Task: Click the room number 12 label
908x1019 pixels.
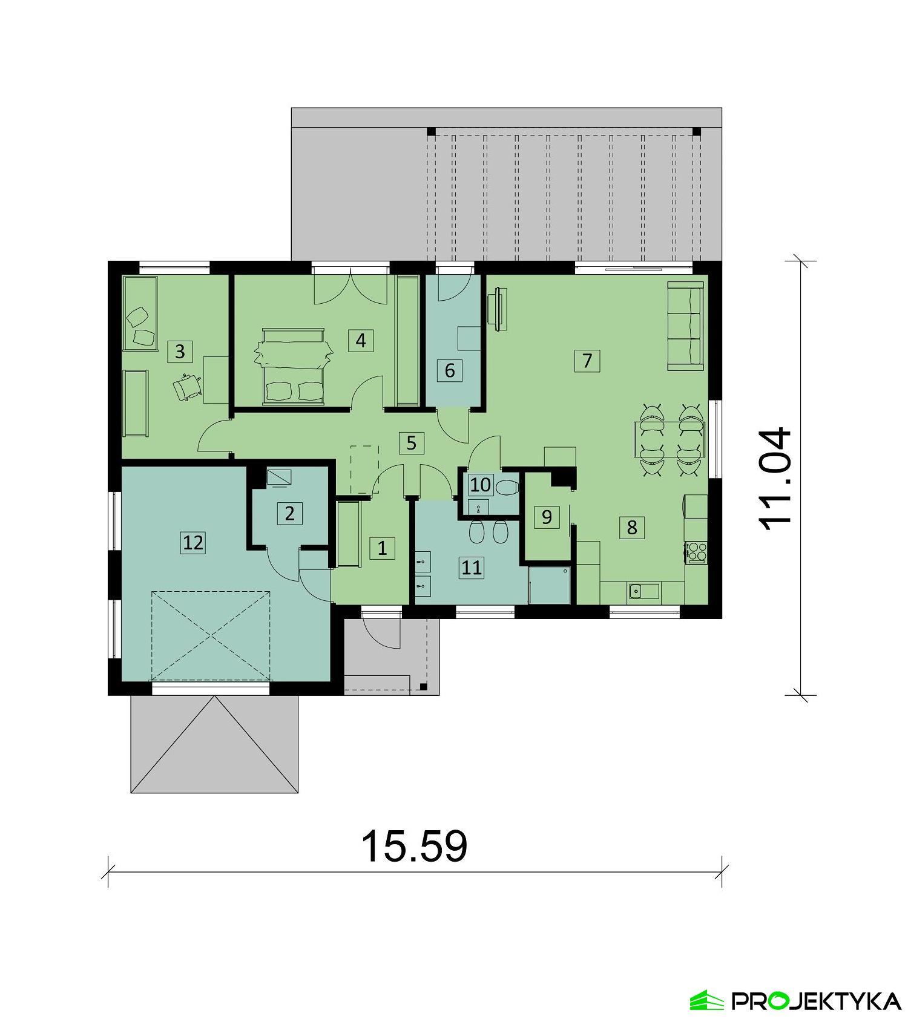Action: click(x=193, y=542)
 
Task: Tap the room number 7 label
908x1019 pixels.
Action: click(x=587, y=361)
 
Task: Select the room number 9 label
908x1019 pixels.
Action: click(x=547, y=517)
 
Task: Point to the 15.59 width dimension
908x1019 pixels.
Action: click(x=414, y=845)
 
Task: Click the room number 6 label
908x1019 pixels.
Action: click(x=449, y=370)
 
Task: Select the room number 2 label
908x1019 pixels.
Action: click(x=289, y=514)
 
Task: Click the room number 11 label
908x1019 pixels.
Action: click(x=471, y=567)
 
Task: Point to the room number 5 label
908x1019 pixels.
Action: click(x=411, y=443)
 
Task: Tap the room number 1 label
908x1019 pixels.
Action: click(x=382, y=548)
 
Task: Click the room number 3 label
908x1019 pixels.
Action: click(x=179, y=351)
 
